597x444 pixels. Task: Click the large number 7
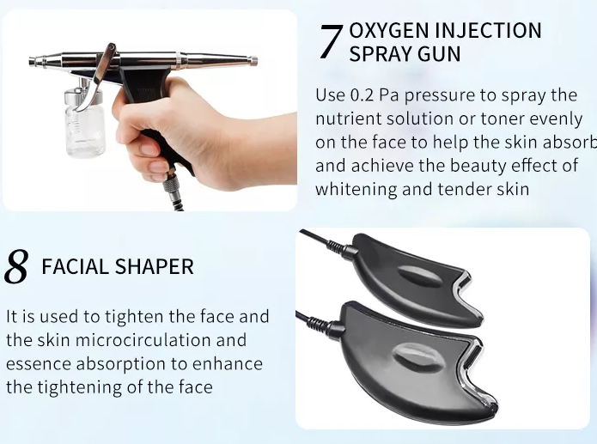pyautogui.click(x=331, y=41)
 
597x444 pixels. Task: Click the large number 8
pyautogui.click(x=16, y=266)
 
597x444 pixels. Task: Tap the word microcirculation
pyautogui.click(x=143, y=340)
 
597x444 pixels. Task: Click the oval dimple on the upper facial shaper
pyautogui.click(x=420, y=275)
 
